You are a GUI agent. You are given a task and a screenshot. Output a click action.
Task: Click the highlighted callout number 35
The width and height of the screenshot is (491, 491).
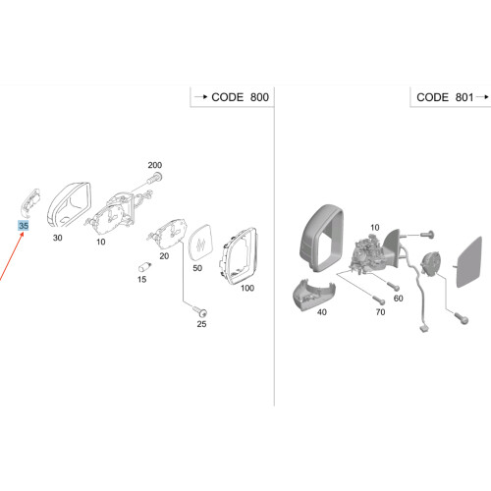pos(24,226)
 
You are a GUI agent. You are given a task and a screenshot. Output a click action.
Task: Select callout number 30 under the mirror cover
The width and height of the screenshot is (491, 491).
pos(58,238)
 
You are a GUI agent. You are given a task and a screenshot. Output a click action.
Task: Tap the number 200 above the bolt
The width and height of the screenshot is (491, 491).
pos(155,165)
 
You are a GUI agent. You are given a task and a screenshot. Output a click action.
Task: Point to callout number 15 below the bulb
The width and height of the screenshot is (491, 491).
pos(141,279)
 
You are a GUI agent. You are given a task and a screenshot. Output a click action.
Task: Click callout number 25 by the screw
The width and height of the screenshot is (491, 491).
pos(201,324)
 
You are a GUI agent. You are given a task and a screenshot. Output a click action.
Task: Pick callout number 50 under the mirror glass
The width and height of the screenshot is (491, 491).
pos(197,268)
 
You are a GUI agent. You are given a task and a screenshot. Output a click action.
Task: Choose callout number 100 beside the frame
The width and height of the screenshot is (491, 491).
pos(247,288)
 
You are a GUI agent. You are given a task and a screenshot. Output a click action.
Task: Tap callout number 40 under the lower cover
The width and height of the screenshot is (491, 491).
pos(322,312)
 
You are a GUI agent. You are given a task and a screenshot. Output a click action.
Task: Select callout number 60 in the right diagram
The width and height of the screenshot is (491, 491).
pos(399,299)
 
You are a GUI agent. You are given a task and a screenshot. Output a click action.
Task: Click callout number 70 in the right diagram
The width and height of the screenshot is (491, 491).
pos(380,312)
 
